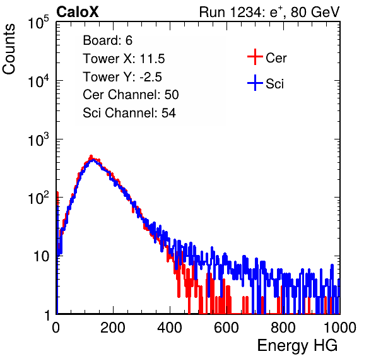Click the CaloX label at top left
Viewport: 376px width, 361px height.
(77, 12)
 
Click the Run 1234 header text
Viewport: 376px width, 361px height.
(269, 12)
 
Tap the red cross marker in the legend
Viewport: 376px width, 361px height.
(255, 57)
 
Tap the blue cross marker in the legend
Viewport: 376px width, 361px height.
(255, 83)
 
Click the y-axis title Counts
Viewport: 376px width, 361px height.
(9, 49)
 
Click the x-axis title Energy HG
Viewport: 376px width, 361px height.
(297, 346)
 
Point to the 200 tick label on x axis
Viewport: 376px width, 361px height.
(113, 328)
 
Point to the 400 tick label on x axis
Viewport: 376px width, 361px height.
(170, 328)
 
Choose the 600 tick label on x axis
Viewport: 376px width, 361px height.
(226, 328)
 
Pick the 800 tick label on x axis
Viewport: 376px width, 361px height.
(283, 328)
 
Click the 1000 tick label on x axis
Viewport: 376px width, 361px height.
(340, 328)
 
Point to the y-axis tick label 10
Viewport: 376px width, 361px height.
(41, 256)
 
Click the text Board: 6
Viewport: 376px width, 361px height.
(107, 40)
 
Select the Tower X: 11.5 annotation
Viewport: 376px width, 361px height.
(124, 59)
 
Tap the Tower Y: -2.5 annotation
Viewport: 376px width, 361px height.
(122, 77)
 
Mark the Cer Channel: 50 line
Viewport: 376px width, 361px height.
(131, 95)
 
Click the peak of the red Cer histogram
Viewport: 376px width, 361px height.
(91, 156)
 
